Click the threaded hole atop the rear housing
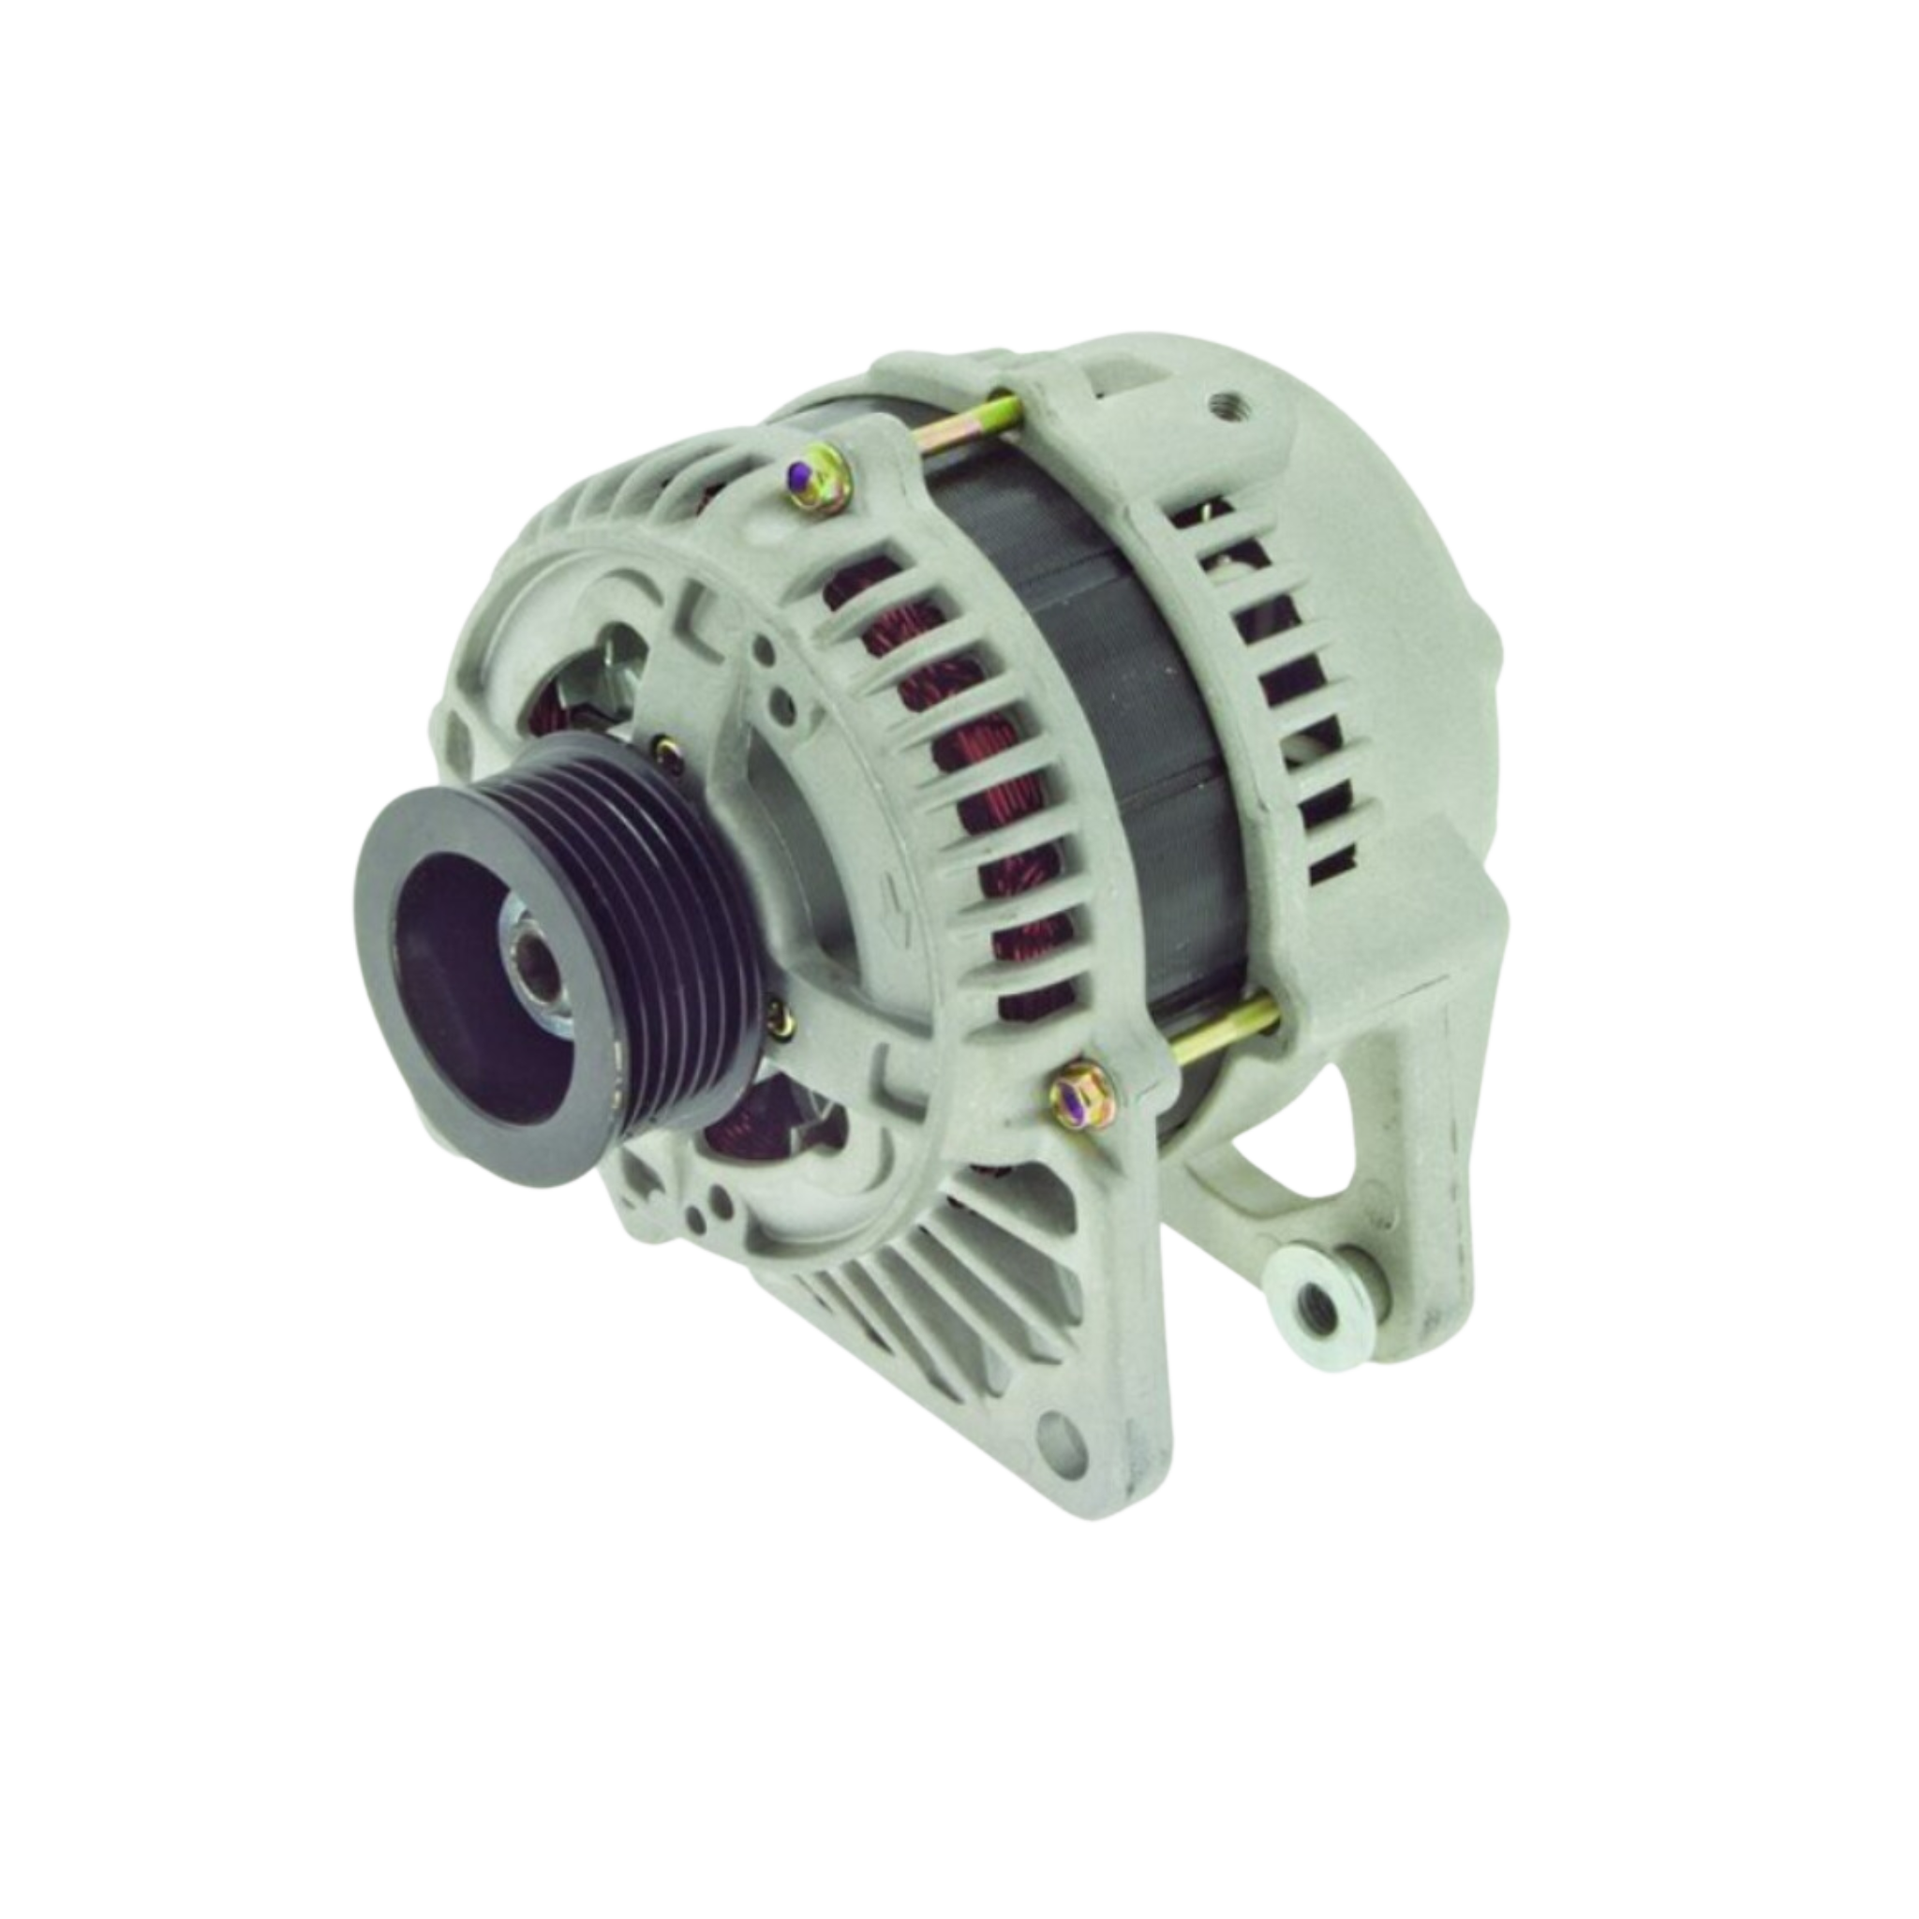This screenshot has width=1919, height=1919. point(1223,409)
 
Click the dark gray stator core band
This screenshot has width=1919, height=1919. point(1093,695)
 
